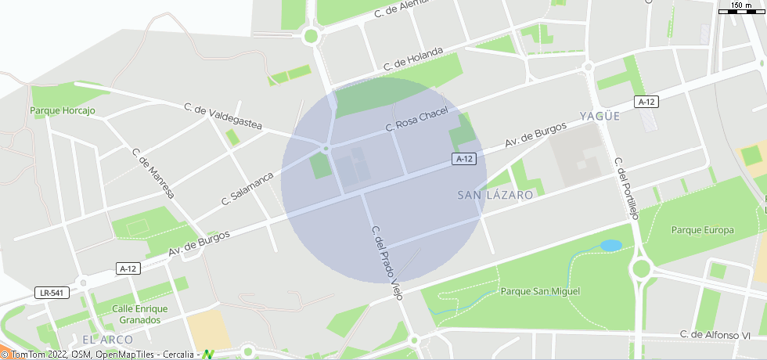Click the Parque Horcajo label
click(63, 111)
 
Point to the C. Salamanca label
click(247, 188)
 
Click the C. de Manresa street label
click(153, 173)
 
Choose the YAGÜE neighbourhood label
click(600, 116)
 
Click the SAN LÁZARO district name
click(495, 194)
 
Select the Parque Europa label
click(703, 230)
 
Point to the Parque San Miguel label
click(540, 291)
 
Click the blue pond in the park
click(610, 246)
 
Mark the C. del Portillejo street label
click(627, 189)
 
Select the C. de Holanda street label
click(413, 61)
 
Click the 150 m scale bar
click(740, 8)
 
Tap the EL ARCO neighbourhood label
click(107, 340)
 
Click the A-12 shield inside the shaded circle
click(465, 159)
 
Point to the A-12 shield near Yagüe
click(646, 102)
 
